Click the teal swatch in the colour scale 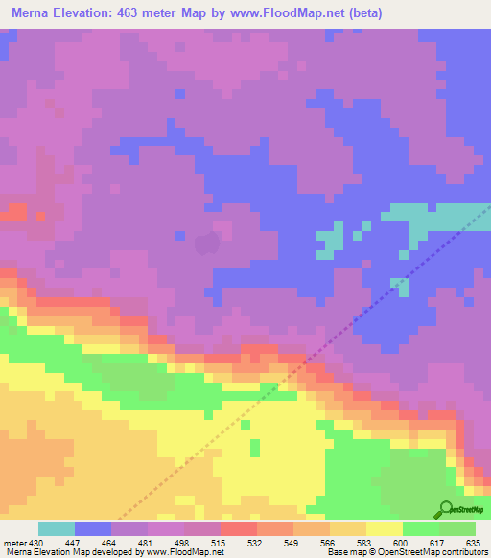tap(57, 528)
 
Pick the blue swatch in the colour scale tap(93, 528)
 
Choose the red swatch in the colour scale tap(239, 528)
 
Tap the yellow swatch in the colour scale tap(385, 528)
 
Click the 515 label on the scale tap(220, 543)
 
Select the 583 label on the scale tap(365, 543)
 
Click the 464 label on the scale tap(110, 543)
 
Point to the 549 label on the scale tap(292, 543)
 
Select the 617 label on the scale tap(438, 543)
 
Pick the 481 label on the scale tap(147, 543)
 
